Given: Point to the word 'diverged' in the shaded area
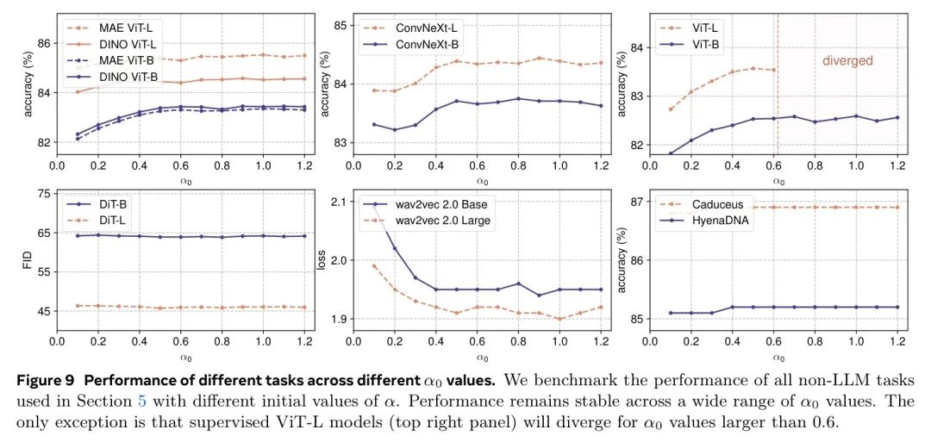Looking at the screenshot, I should click(847, 61).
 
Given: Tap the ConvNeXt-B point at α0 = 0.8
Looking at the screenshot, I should click(517, 98).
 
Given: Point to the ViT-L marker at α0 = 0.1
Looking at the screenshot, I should click(671, 109).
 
